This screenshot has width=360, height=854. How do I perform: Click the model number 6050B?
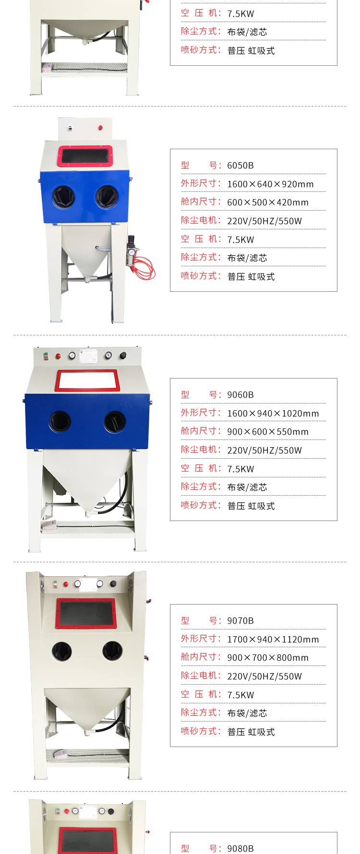tap(240, 166)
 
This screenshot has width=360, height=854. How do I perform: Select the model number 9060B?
tap(240, 395)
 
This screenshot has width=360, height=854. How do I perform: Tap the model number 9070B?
tap(240, 621)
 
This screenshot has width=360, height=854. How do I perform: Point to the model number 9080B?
tap(240, 849)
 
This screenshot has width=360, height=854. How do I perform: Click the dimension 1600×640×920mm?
tap(270, 184)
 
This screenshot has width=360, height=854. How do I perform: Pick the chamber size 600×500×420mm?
tap(268, 202)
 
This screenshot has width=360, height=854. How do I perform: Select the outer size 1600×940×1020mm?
tap(273, 414)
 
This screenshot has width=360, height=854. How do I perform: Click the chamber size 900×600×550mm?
tap(268, 432)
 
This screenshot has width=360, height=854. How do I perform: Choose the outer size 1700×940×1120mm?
tap(273, 640)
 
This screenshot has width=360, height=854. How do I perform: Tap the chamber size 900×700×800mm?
tap(268, 658)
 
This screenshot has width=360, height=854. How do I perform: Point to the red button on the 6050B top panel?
tap(100, 128)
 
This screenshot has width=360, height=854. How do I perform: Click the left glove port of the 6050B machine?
tap(63, 197)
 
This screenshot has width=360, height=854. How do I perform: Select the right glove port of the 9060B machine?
tap(115, 422)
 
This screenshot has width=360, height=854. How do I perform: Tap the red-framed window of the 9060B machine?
tap(87, 380)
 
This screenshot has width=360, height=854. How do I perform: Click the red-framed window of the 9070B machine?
tap(86, 614)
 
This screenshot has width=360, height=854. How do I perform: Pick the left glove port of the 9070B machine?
tap(62, 651)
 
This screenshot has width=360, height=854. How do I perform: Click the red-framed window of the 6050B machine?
tap(85, 156)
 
